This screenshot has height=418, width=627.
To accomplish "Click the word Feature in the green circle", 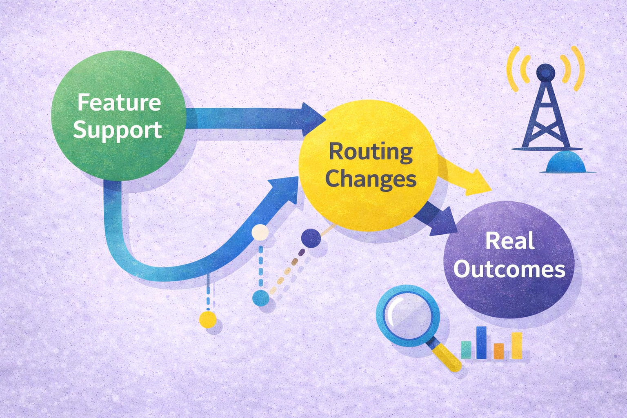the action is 119,102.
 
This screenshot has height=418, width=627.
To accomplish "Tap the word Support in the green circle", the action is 117,131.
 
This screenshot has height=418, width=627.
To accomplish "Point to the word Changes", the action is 371,179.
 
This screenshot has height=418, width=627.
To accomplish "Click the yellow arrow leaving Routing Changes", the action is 465,176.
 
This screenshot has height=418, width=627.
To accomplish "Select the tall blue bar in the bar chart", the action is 481,342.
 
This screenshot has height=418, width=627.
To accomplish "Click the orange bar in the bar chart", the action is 498,351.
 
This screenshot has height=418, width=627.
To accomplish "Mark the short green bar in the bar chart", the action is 466,350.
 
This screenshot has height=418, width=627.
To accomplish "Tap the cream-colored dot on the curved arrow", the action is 260,232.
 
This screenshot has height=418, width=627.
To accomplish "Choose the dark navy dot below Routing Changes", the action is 311,238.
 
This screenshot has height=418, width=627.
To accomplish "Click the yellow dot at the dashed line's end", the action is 208,319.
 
